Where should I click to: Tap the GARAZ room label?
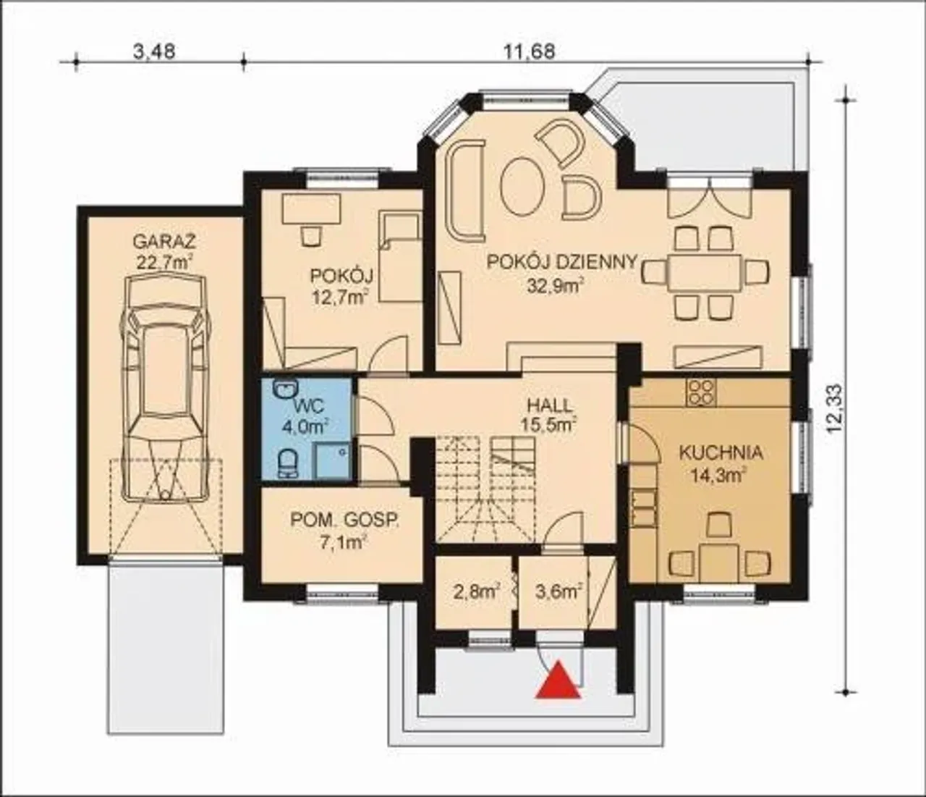[x=164, y=242]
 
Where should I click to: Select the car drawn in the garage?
[x=166, y=388]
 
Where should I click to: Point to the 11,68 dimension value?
[x=530, y=51]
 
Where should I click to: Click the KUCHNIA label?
[x=721, y=453]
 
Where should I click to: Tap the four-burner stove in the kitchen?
[x=702, y=393]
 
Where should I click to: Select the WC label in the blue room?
[x=309, y=407]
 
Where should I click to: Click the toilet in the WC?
[x=289, y=463]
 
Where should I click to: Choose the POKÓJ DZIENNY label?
[x=562, y=262]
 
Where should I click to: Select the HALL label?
[x=550, y=405]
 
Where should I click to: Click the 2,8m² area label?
[x=477, y=593]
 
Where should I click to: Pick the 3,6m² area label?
[x=558, y=592]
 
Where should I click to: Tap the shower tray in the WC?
[x=332, y=461]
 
